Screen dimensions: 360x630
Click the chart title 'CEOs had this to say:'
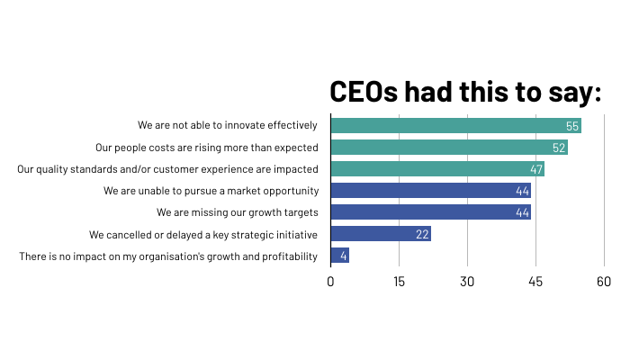point(465,93)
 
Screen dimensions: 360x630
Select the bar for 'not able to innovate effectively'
point(455,125)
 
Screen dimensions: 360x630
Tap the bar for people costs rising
point(449,147)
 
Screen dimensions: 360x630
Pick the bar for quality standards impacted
point(437,168)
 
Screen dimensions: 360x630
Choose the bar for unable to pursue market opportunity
point(430,191)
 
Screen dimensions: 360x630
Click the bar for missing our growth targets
point(430,212)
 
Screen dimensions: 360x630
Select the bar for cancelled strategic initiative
point(381,234)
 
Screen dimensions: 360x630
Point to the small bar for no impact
point(340,256)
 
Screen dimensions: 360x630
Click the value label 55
point(572,126)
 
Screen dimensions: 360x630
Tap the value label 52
point(559,148)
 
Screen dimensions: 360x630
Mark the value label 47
point(535,169)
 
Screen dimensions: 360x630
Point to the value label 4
point(344,256)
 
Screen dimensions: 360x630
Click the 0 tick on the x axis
point(331,282)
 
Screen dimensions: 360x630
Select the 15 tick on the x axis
point(399,282)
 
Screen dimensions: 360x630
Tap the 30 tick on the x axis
point(467,282)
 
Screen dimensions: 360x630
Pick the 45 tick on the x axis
point(535,282)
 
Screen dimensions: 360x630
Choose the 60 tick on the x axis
point(604,282)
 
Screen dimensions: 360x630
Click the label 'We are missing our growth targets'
point(237,212)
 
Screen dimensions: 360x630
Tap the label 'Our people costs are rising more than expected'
point(207,147)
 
